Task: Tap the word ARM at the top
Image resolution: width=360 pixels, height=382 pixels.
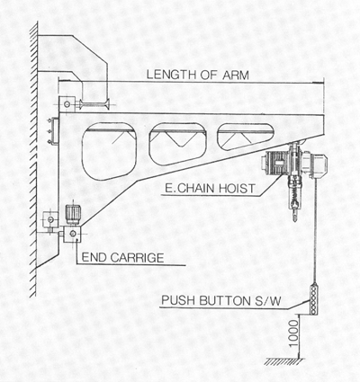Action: (236, 75)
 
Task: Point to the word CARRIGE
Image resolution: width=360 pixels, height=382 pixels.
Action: (137, 258)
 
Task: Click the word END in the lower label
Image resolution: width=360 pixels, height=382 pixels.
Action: (94, 258)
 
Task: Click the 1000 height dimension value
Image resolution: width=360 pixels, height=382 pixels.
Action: (294, 333)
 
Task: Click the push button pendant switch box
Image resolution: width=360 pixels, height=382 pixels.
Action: (313, 299)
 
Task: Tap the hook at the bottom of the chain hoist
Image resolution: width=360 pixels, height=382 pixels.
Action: (295, 213)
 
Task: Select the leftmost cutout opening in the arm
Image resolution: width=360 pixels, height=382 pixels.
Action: (109, 152)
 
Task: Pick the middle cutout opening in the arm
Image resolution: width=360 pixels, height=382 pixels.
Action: (177, 143)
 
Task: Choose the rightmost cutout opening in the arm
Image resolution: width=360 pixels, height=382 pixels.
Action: (246, 137)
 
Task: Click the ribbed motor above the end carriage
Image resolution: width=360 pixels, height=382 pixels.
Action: (73, 214)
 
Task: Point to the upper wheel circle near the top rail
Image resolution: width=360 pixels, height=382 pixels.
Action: (67, 104)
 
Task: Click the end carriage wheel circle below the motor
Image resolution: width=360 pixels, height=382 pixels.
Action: (72, 234)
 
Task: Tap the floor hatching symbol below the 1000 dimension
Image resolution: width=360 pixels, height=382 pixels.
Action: (284, 361)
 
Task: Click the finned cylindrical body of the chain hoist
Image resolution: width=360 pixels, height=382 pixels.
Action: (274, 164)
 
